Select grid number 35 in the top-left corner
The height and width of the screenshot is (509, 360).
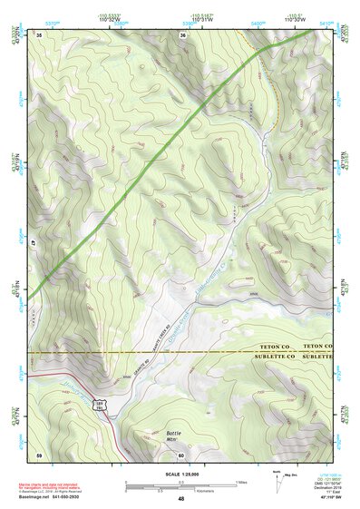(x=40, y=34)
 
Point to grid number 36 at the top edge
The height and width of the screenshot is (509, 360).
(x=182, y=34)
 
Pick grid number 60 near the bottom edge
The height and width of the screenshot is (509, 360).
(x=181, y=455)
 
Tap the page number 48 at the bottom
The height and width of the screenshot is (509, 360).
(x=181, y=498)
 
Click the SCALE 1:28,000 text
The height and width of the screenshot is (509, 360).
(x=180, y=473)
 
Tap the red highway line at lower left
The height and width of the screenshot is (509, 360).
(x=73, y=374)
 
